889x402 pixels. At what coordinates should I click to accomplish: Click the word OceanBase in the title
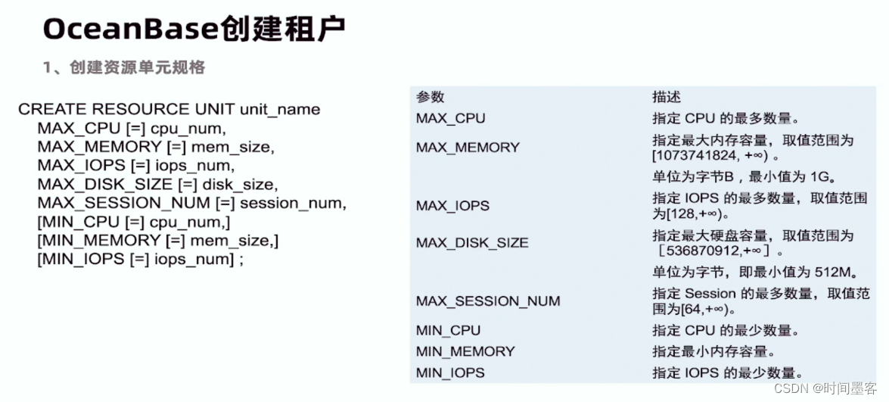click(131, 29)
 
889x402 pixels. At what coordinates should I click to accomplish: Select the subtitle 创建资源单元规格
click(136, 67)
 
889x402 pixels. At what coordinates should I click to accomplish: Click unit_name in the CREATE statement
click(280, 109)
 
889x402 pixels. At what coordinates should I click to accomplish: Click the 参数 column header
click(430, 97)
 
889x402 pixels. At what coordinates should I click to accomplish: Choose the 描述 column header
click(667, 97)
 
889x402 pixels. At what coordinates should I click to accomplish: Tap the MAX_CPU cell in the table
click(450, 118)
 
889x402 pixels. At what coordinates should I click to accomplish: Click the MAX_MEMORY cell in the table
click(468, 148)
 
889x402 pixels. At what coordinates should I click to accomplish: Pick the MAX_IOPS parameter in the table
click(452, 205)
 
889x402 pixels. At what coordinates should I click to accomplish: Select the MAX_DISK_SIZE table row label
click(472, 243)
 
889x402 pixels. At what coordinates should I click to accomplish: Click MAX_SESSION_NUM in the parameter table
click(488, 301)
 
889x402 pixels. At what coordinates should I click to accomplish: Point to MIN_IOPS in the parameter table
click(450, 372)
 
